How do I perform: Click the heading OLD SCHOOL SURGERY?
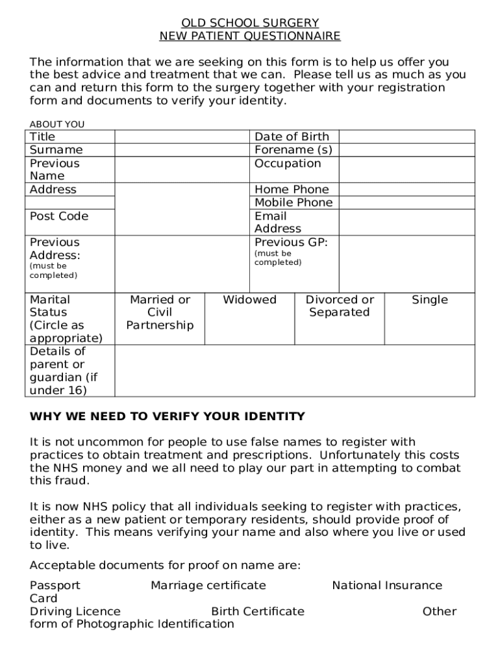click(250, 23)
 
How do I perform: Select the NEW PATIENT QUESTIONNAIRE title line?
click(250, 36)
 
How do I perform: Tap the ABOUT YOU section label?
click(57, 124)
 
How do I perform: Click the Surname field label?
click(56, 150)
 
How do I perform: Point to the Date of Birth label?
click(292, 136)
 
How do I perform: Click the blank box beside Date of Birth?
click(406, 136)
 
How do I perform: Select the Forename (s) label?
click(293, 150)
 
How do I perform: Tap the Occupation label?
click(288, 164)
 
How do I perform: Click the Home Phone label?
click(292, 190)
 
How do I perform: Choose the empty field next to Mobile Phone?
click(406, 203)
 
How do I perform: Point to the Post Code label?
click(59, 216)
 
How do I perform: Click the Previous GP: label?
click(291, 242)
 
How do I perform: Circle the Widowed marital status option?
click(249, 300)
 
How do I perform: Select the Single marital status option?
click(429, 300)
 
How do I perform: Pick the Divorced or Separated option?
click(340, 306)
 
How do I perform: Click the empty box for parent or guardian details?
click(295, 371)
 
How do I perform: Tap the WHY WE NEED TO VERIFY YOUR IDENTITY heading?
click(168, 416)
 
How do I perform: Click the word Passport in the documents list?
click(55, 586)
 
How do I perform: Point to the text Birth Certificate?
click(258, 612)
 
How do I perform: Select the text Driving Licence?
click(75, 612)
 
